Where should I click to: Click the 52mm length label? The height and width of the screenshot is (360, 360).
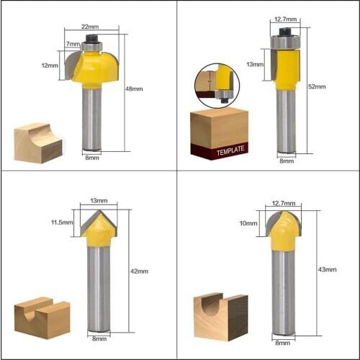317,86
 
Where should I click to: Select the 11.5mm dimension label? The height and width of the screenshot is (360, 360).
63,222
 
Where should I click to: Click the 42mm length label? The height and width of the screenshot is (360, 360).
139,271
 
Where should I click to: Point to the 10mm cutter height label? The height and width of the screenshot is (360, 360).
249,223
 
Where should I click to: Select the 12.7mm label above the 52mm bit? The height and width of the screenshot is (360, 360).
286,20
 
